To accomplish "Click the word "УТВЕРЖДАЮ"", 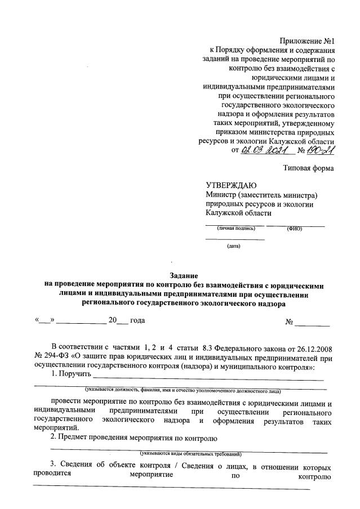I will [232, 186].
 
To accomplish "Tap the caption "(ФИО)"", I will [295, 228].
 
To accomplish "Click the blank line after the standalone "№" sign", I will [313, 324].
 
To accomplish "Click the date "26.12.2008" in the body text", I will [308, 345].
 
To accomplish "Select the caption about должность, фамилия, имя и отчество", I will [183, 390].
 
